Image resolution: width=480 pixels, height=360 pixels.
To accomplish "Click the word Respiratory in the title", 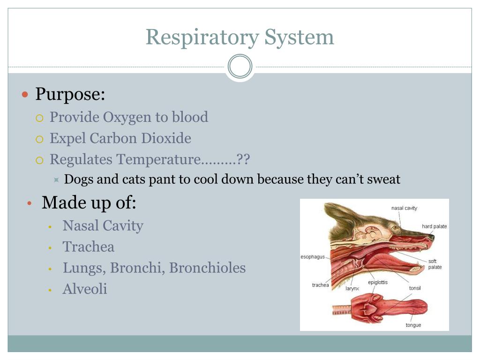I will click(x=202, y=37).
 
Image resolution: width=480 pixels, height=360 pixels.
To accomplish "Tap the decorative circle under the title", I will click(x=240, y=67).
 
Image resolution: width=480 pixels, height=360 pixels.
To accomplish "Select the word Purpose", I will click(x=70, y=95).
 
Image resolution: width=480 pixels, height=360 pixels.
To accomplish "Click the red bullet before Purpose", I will click(x=26, y=95).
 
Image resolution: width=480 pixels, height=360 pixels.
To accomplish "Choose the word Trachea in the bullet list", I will click(x=89, y=247).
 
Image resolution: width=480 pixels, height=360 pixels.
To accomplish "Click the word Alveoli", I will click(x=85, y=289).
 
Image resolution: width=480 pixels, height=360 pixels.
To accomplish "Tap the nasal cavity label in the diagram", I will click(x=404, y=208).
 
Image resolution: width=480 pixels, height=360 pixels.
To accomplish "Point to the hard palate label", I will click(x=434, y=226).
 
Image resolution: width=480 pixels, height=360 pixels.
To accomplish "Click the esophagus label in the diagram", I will click(x=313, y=257).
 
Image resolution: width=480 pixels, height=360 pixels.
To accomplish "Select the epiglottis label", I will click(x=378, y=282).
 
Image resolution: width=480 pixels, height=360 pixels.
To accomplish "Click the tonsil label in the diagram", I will click(x=415, y=288).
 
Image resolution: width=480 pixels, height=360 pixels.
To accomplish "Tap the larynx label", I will click(x=352, y=289).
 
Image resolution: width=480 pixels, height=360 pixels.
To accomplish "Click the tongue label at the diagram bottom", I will click(x=413, y=325).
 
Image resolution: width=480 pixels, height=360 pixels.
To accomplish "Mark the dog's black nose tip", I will click(x=431, y=238).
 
